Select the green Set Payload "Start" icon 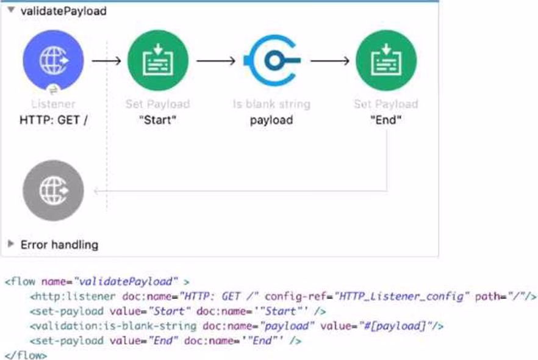pyautogui.click(x=158, y=61)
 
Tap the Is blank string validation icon pyautogui.click(x=271, y=61)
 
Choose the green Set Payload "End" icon pyautogui.click(x=386, y=61)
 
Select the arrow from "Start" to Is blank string pyautogui.click(x=215, y=61)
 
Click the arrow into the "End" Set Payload pyautogui.click(x=329, y=61)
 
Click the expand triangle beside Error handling pyautogui.click(x=10, y=244)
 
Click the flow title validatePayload pyautogui.click(x=63, y=11)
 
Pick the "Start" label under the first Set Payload pyautogui.click(x=158, y=120)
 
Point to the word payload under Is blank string pyautogui.click(x=271, y=120)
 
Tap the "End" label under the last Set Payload pyautogui.click(x=386, y=120)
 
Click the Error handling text pyautogui.click(x=59, y=245)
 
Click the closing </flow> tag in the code pyautogui.click(x=25, y=354)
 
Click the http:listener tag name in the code pyautogui.click(x=73, y=297)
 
